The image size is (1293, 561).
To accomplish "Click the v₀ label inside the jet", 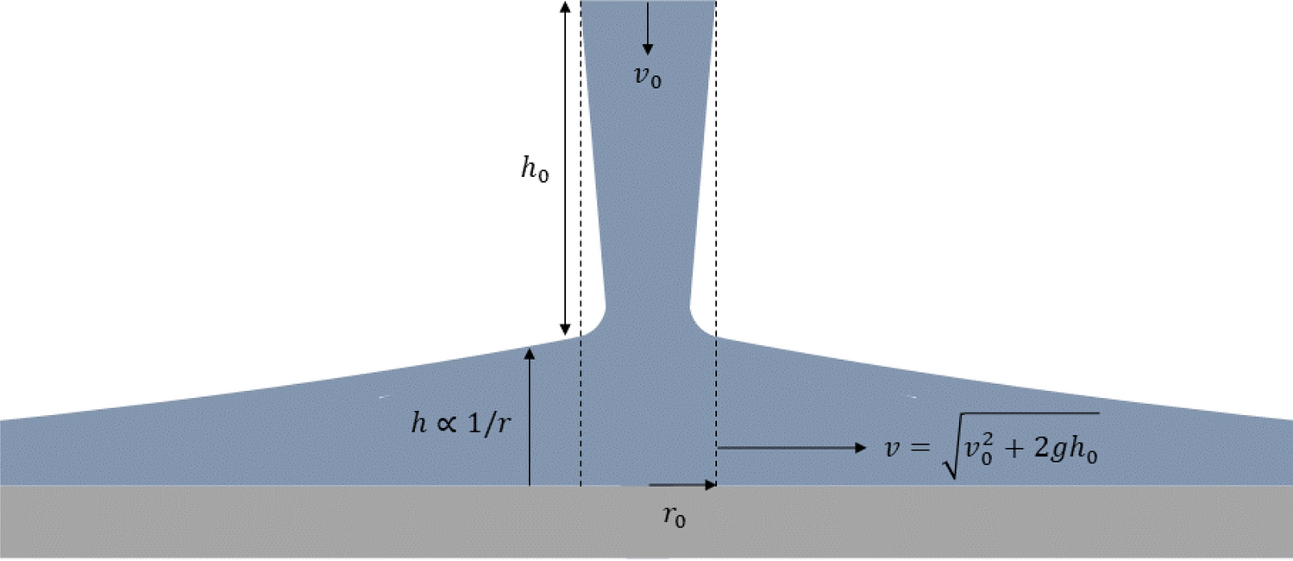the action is [x=649, y=78].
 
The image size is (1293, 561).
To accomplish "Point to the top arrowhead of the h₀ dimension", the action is [x=565, y=7].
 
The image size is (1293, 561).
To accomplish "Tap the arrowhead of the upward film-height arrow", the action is [x=530, y=354].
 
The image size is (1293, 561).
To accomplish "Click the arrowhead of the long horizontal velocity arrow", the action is [x=860, y=448].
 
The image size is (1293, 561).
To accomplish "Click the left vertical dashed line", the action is [x=581, y=406].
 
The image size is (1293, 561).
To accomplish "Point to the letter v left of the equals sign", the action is [x=892, y=450].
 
